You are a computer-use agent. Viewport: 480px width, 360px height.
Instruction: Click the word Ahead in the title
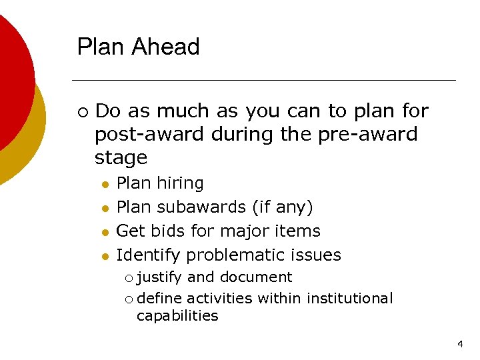[167, 47]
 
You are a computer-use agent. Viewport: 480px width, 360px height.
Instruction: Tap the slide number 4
[460, 345]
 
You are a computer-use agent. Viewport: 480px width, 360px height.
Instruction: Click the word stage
[121, 158]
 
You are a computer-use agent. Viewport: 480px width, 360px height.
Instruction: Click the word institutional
[349, 298]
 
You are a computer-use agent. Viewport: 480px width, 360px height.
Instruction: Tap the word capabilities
[177, 315]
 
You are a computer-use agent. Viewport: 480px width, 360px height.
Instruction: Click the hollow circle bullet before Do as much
[81, 111]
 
